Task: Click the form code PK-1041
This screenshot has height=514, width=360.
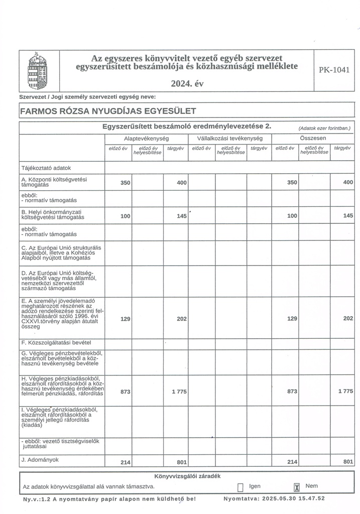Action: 334,70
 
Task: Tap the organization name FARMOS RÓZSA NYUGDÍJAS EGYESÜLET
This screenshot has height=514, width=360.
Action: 107,110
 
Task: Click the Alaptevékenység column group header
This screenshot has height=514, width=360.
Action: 146,138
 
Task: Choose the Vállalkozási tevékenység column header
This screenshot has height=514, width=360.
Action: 230,138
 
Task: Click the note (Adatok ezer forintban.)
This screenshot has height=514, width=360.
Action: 324,128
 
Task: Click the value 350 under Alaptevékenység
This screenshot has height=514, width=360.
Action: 126,183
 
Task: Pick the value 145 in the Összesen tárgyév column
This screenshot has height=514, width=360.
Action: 347,215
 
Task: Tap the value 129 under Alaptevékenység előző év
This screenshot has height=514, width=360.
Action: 126,318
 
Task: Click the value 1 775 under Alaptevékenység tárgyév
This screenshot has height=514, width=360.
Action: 179,391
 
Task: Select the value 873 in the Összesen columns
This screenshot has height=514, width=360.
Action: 292,391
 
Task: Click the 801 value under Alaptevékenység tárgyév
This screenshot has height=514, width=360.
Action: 182,462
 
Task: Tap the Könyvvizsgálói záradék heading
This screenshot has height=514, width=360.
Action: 187,476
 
